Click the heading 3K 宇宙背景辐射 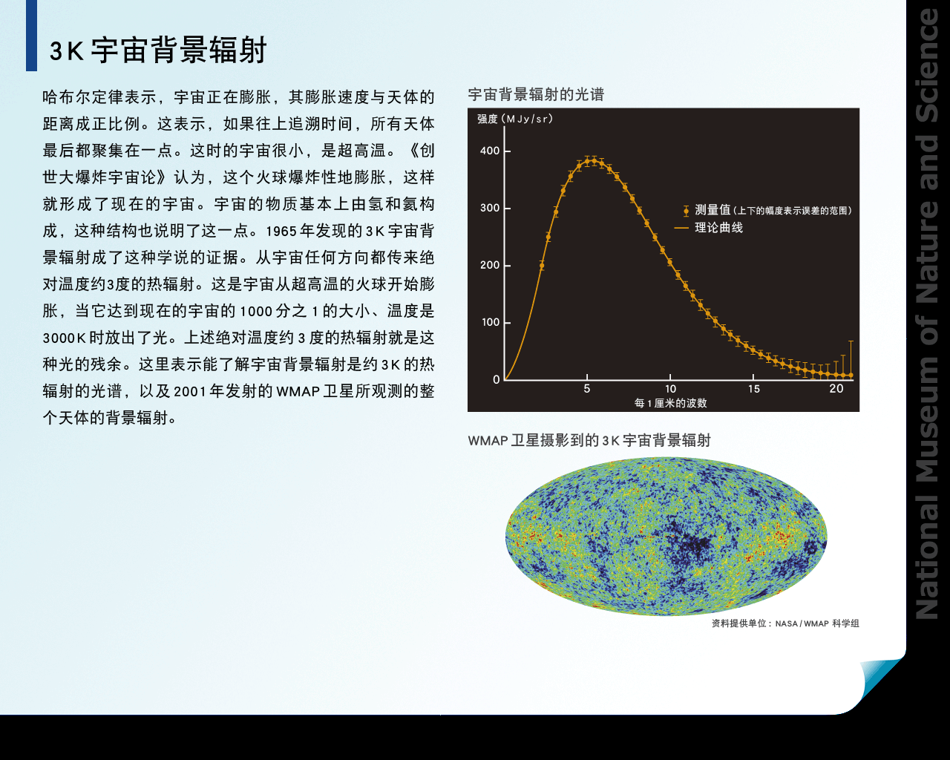[157, 50]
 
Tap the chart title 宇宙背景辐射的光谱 [535, 94]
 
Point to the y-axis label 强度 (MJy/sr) [515, 119]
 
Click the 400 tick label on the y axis [490, 151]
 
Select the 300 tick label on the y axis [490, 208]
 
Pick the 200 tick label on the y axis [490, 265]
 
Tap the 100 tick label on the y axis [490, 322]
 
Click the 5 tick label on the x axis [586, 389]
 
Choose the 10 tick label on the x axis [670, 389]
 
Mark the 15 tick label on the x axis [753, 389]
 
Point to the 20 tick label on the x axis [836, 389]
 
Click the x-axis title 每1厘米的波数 [670, 403]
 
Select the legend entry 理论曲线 [718, 228]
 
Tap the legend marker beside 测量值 [686, 211]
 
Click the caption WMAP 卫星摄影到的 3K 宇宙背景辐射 [589, 440]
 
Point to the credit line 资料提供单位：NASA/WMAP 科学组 [785, 623]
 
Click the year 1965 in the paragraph [281, 231]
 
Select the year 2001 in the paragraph [189, 391]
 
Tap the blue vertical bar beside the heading [31, 36]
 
